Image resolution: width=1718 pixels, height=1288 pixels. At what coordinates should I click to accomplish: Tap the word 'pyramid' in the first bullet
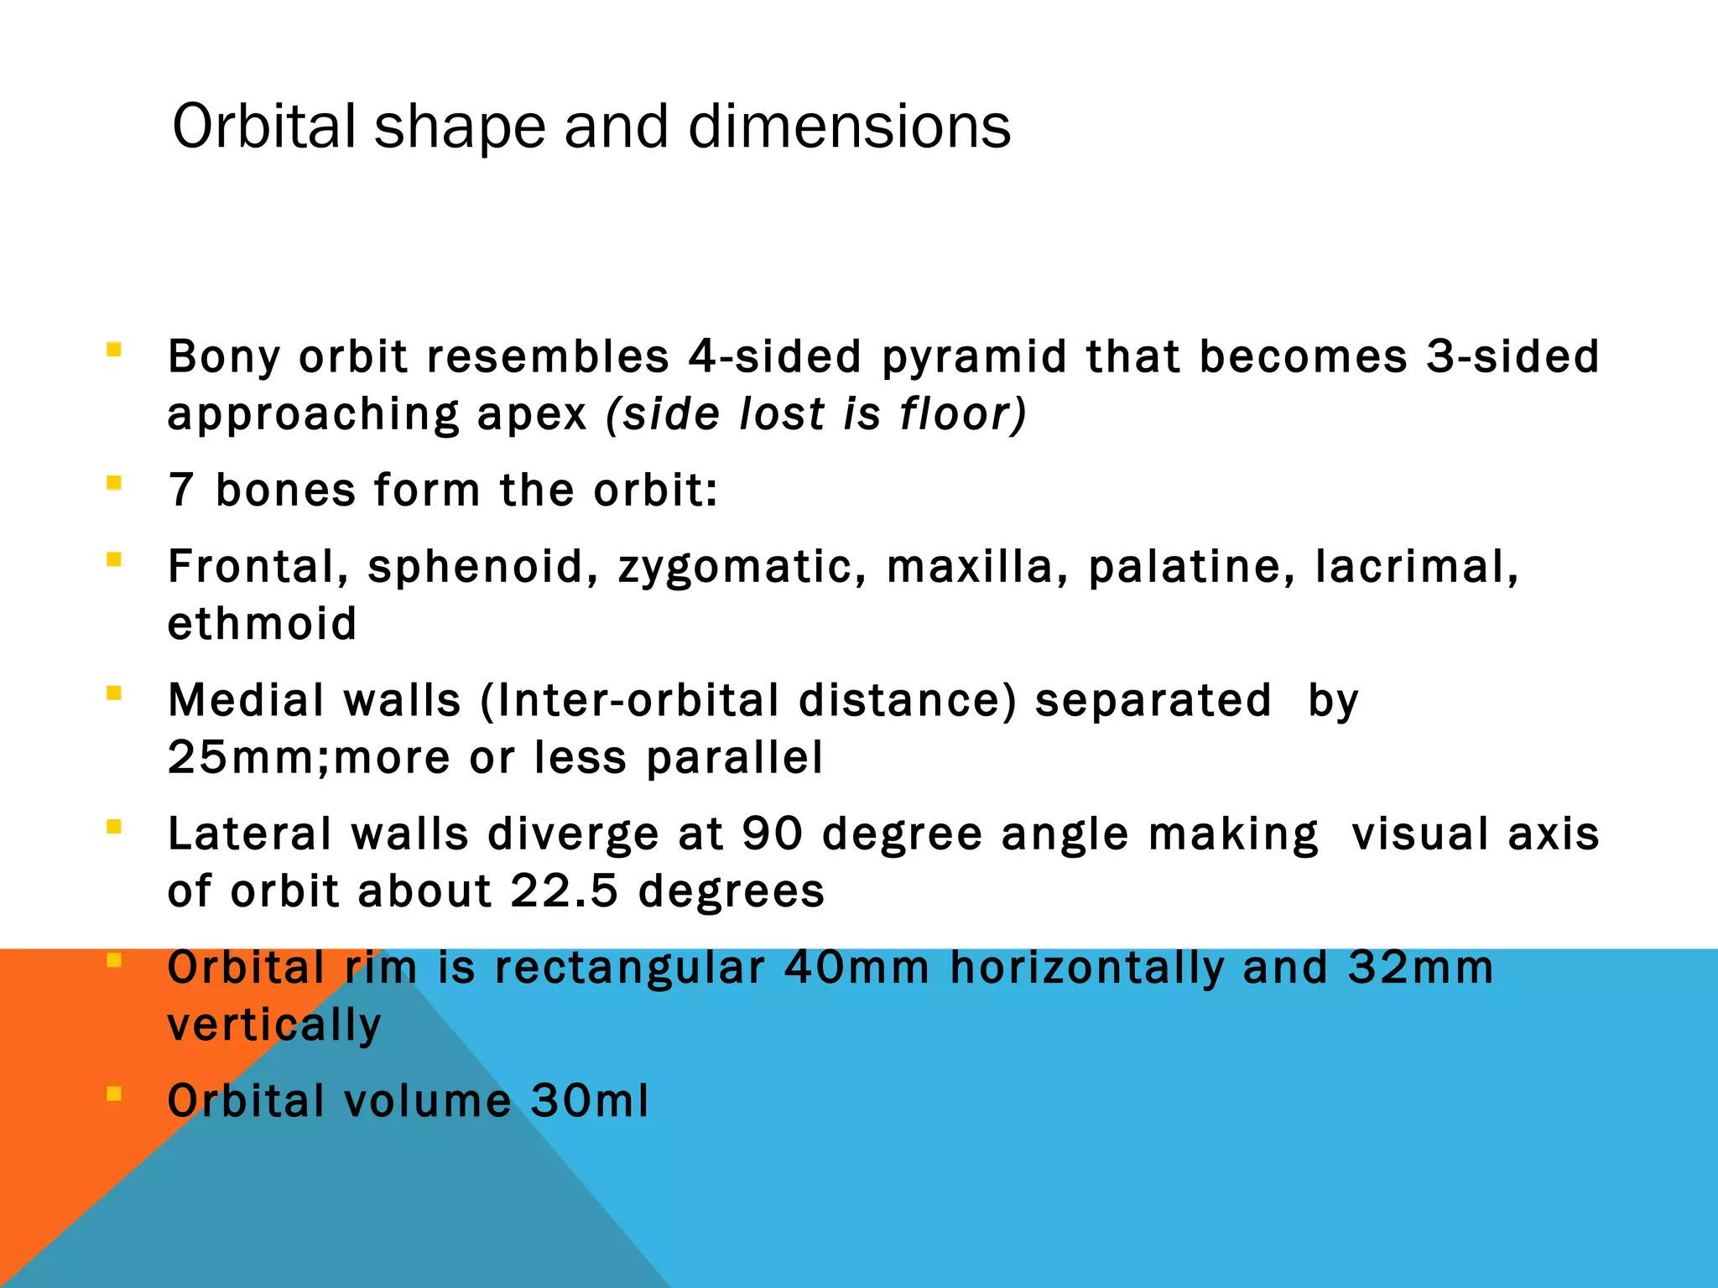click(x=974, y=357)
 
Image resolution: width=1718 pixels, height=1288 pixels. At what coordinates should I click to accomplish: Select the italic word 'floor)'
click(x=962, y=414)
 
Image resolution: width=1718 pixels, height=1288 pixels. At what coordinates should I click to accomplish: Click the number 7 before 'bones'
click(x=181, y=491)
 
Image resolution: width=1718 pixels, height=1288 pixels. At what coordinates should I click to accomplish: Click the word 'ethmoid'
click(x=263, y=624)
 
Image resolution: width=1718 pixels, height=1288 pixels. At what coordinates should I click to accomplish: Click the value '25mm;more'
click(x=308, y=758)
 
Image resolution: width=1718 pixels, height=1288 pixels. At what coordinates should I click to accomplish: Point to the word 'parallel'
click(x=734, y=758)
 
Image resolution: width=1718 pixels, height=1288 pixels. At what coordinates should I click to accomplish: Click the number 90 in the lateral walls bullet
click(x=772, y=834)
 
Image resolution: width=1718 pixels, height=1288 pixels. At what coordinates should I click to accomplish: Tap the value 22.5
click(x=564, y=891)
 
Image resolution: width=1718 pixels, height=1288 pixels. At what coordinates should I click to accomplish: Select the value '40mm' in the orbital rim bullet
click(x=856, y=968)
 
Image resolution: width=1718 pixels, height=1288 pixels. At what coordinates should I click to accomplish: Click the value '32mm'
click(x=1420, y=968)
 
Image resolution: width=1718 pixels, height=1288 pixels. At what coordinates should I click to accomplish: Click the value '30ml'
click(x=590, y=1101)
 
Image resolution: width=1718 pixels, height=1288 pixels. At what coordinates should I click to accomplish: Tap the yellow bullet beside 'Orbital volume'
click(x=114, y=1093)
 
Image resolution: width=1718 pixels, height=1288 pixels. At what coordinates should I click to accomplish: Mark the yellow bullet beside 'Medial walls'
click(x=114, y=693)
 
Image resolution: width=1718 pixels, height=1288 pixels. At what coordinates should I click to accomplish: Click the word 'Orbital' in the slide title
click(x=264, y=127)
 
